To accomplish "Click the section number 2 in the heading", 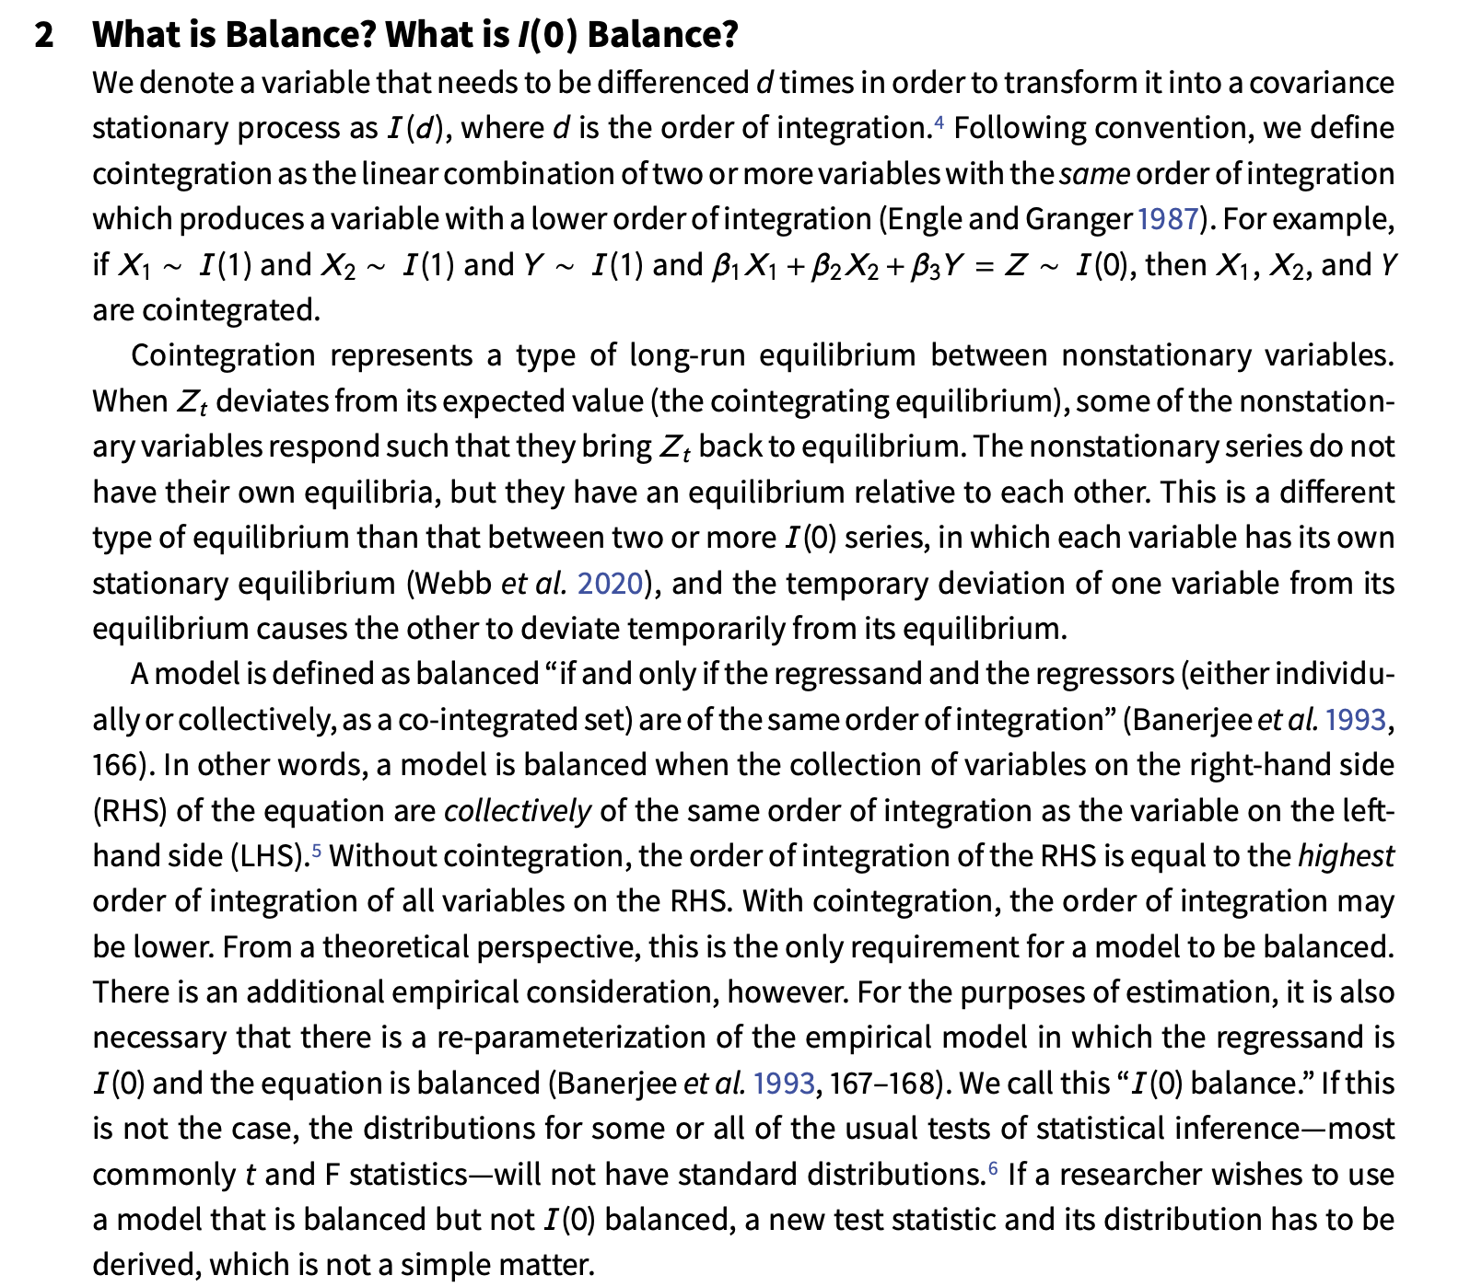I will tap(43, 35).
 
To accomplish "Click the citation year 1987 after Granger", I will tap(1168, 219).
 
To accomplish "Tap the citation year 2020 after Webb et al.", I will tap(609, 584).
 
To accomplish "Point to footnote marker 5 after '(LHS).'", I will tap(317, 849).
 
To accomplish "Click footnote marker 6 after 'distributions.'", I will tap(993, 1167).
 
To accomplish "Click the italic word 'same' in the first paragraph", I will tap(1093, 174).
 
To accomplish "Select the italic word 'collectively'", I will tap(517, 811).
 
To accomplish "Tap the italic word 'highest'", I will tap(1346, 856).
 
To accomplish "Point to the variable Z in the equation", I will tap(1015, 265).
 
